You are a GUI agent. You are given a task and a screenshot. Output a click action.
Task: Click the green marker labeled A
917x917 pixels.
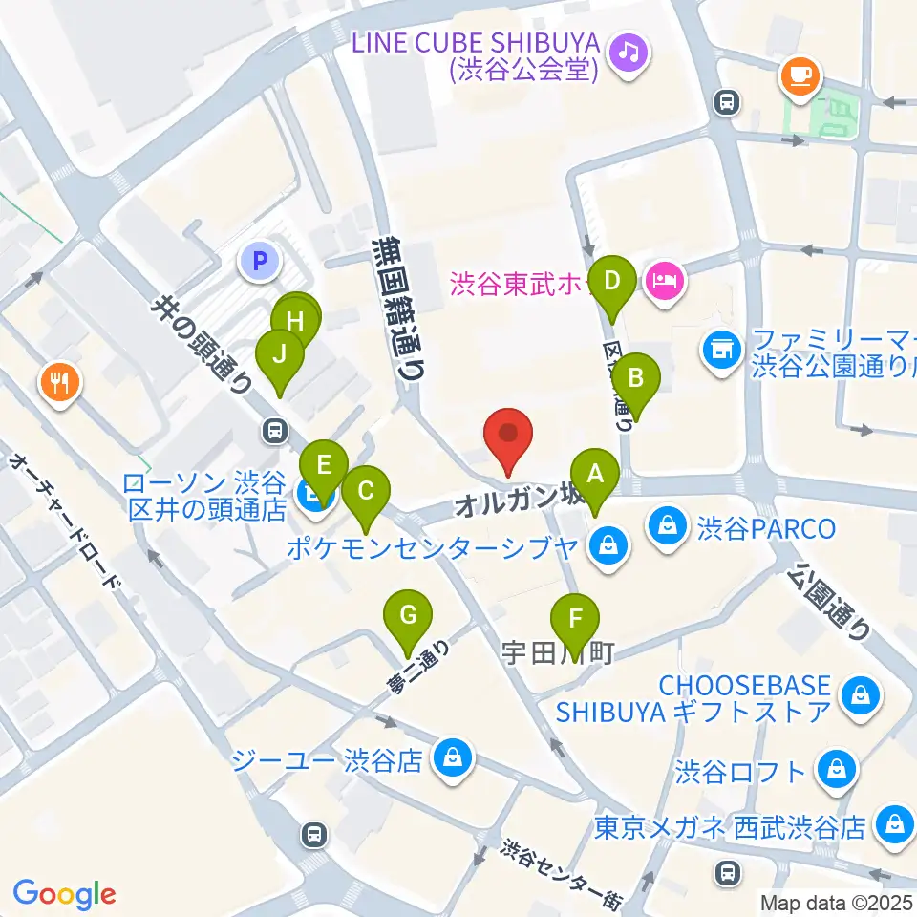595,473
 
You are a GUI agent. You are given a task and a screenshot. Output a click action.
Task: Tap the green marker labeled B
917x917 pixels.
636,377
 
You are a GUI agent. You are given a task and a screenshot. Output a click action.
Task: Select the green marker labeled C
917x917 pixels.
365,491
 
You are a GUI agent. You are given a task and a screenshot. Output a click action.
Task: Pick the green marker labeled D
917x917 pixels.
611,282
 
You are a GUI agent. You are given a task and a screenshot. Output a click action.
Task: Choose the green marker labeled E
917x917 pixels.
324,465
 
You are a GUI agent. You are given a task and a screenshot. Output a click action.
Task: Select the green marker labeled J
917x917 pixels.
280,354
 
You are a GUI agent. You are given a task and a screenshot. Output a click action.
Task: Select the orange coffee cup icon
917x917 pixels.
800,75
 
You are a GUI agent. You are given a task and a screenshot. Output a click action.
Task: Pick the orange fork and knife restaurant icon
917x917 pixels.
61,384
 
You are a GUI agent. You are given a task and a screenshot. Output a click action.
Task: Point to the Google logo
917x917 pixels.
64,894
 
